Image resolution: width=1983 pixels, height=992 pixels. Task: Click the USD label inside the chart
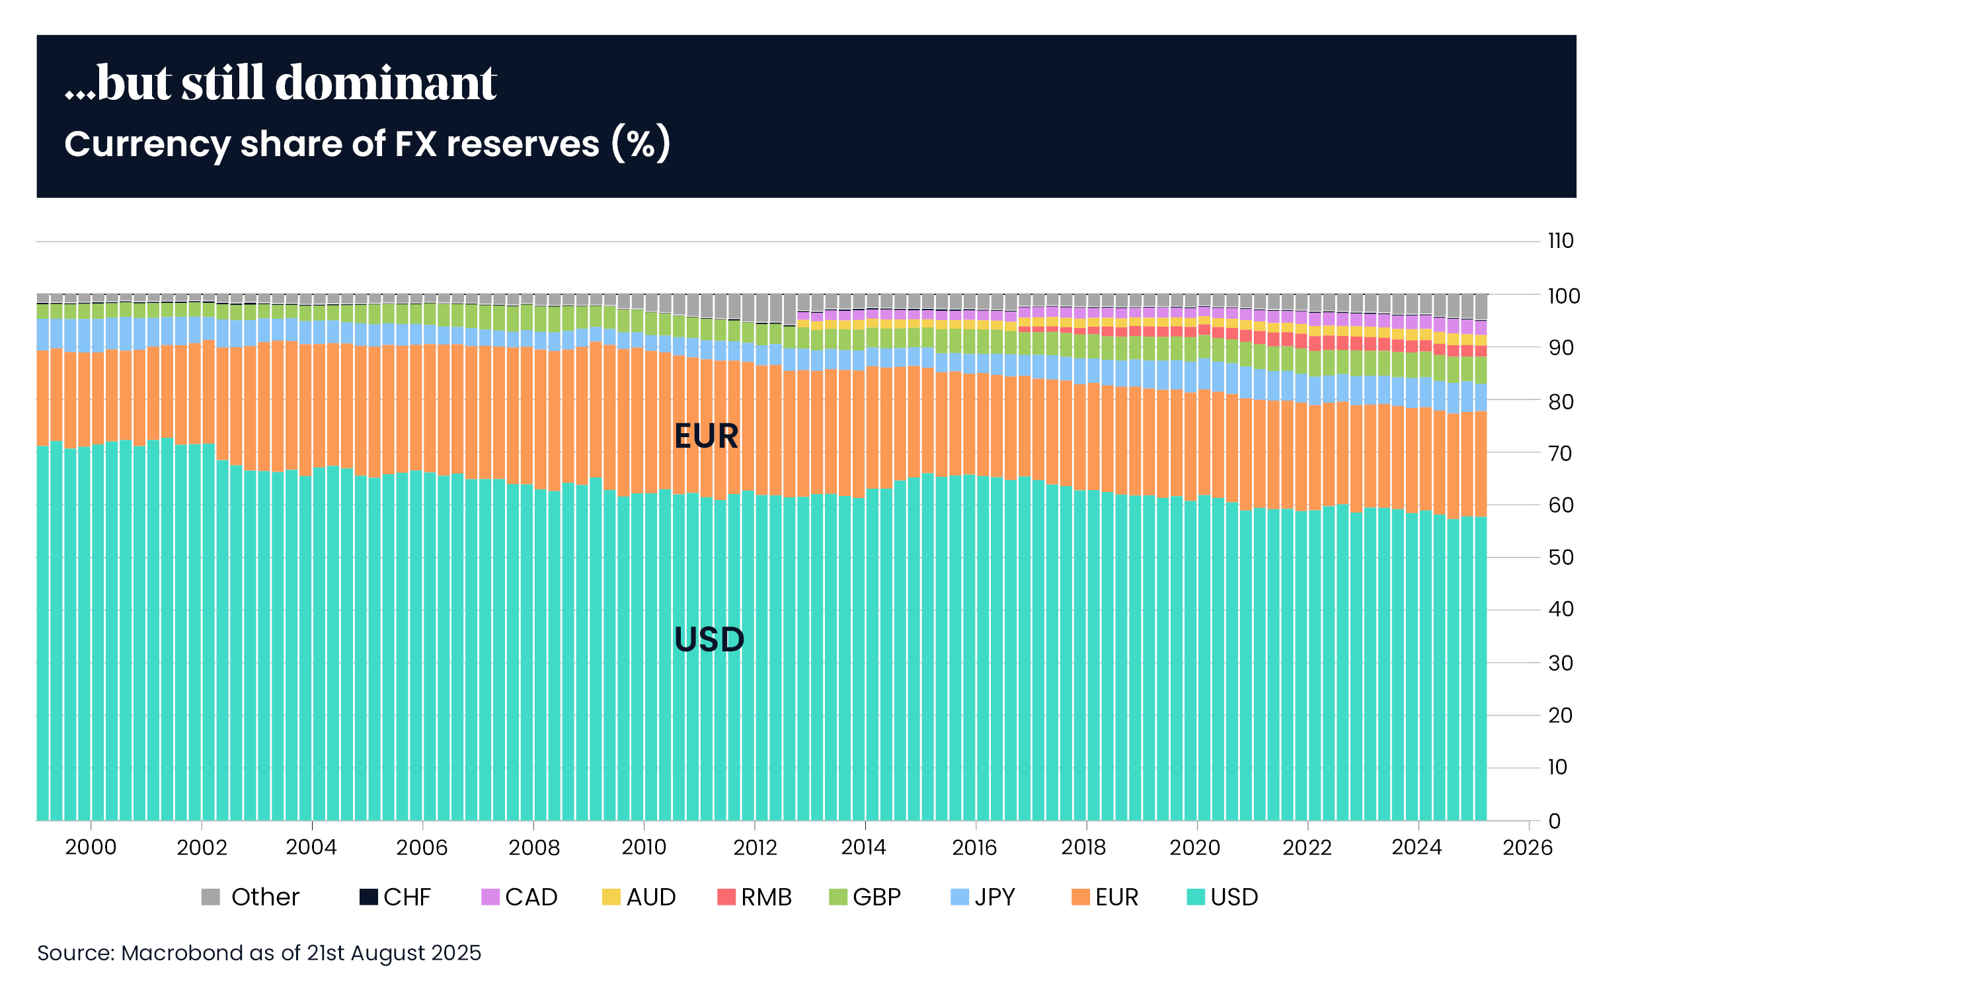pos(709,640)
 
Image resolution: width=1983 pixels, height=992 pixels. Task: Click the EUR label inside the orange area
pos(706,436)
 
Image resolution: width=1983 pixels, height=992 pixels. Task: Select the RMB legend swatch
pos(726,897)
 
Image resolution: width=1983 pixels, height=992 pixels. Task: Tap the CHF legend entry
pos(395,897)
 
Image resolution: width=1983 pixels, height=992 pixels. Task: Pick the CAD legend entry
pos(519,897)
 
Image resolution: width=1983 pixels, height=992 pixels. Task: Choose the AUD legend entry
pos(639,897)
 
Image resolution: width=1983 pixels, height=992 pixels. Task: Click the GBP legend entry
pos(865,897)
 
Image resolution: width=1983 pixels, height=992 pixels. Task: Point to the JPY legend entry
pos(983,897)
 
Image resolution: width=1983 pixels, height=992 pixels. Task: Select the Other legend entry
pos(250,897)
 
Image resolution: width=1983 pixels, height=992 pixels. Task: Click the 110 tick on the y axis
pos(1561,241)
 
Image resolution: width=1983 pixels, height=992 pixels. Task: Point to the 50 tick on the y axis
pos(1561,558)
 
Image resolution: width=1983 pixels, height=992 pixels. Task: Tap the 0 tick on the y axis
pos(1554,821)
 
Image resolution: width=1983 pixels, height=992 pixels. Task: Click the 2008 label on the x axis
pos(533,848)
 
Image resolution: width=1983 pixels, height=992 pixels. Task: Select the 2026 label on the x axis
pos(1528,848)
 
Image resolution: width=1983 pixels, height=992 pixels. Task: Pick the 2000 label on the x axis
pos(91,848)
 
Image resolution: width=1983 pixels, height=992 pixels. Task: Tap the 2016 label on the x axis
pos(974,848)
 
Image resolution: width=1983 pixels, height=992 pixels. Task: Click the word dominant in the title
pos(385,83)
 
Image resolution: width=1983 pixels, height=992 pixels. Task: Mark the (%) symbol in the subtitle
pos(641,144)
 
